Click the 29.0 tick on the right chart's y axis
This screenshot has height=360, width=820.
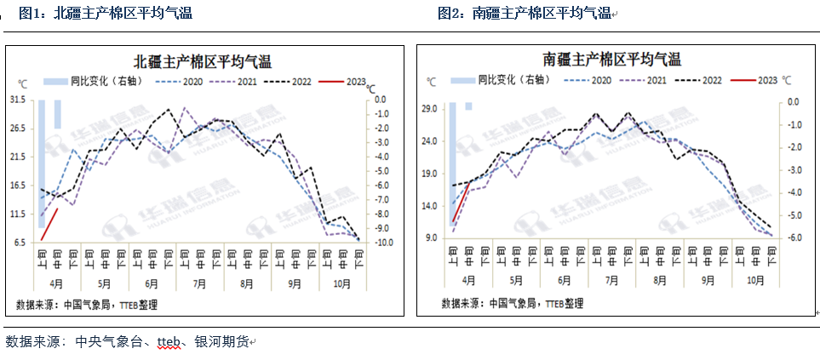(428, 109)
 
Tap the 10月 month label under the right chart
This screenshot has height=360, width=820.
(755, 279)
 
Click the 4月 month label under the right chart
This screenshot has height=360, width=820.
(469, 279)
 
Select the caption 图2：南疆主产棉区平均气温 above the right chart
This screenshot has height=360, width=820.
(525, 13)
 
